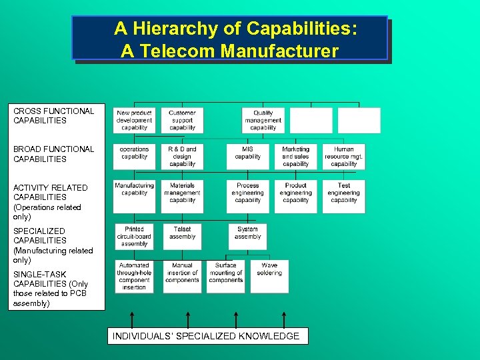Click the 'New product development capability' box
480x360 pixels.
[134, 121]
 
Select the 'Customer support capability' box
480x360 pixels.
[182, 121]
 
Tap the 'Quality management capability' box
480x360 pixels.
[263, 121]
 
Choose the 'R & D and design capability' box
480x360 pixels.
[182, 157]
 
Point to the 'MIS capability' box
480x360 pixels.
[248, 157]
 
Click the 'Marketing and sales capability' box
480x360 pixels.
[295, 157]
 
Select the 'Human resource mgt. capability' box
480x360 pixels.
[344, 157]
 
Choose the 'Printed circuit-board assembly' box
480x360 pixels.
[134, 237]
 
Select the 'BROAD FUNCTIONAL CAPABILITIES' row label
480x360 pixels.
[54, 154]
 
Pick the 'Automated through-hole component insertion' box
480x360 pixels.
[134, 276]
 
